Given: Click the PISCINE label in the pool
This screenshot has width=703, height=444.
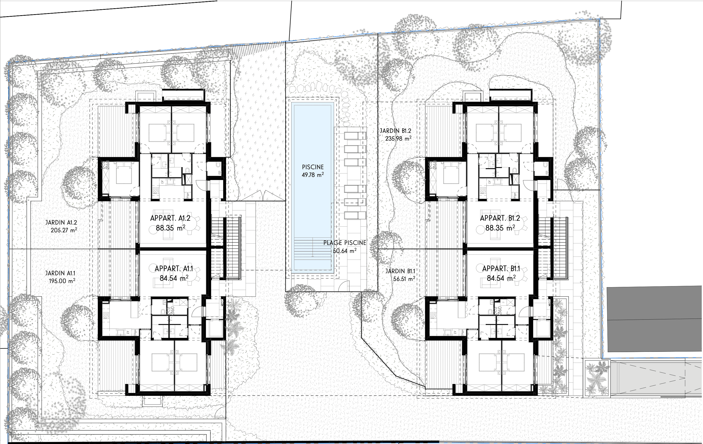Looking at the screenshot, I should click(313, 167).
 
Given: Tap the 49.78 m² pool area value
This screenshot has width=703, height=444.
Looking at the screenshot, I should click(313, 175).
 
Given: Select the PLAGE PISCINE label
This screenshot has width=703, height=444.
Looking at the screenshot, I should click(345, 243).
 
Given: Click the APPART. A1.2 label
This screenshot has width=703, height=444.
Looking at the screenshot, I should click(170, 218).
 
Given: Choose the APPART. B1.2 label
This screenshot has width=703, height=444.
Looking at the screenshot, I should click(500, 218).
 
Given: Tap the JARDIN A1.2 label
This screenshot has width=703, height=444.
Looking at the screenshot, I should click(61, 223).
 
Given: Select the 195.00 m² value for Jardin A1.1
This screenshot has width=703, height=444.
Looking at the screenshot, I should click(62, 281).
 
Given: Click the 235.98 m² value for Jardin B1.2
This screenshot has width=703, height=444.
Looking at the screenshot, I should click(398, 139).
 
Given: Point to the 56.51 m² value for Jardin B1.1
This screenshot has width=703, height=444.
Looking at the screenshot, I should click(404, 279).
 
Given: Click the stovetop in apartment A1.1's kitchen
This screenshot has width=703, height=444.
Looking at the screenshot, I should click(106, 315).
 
